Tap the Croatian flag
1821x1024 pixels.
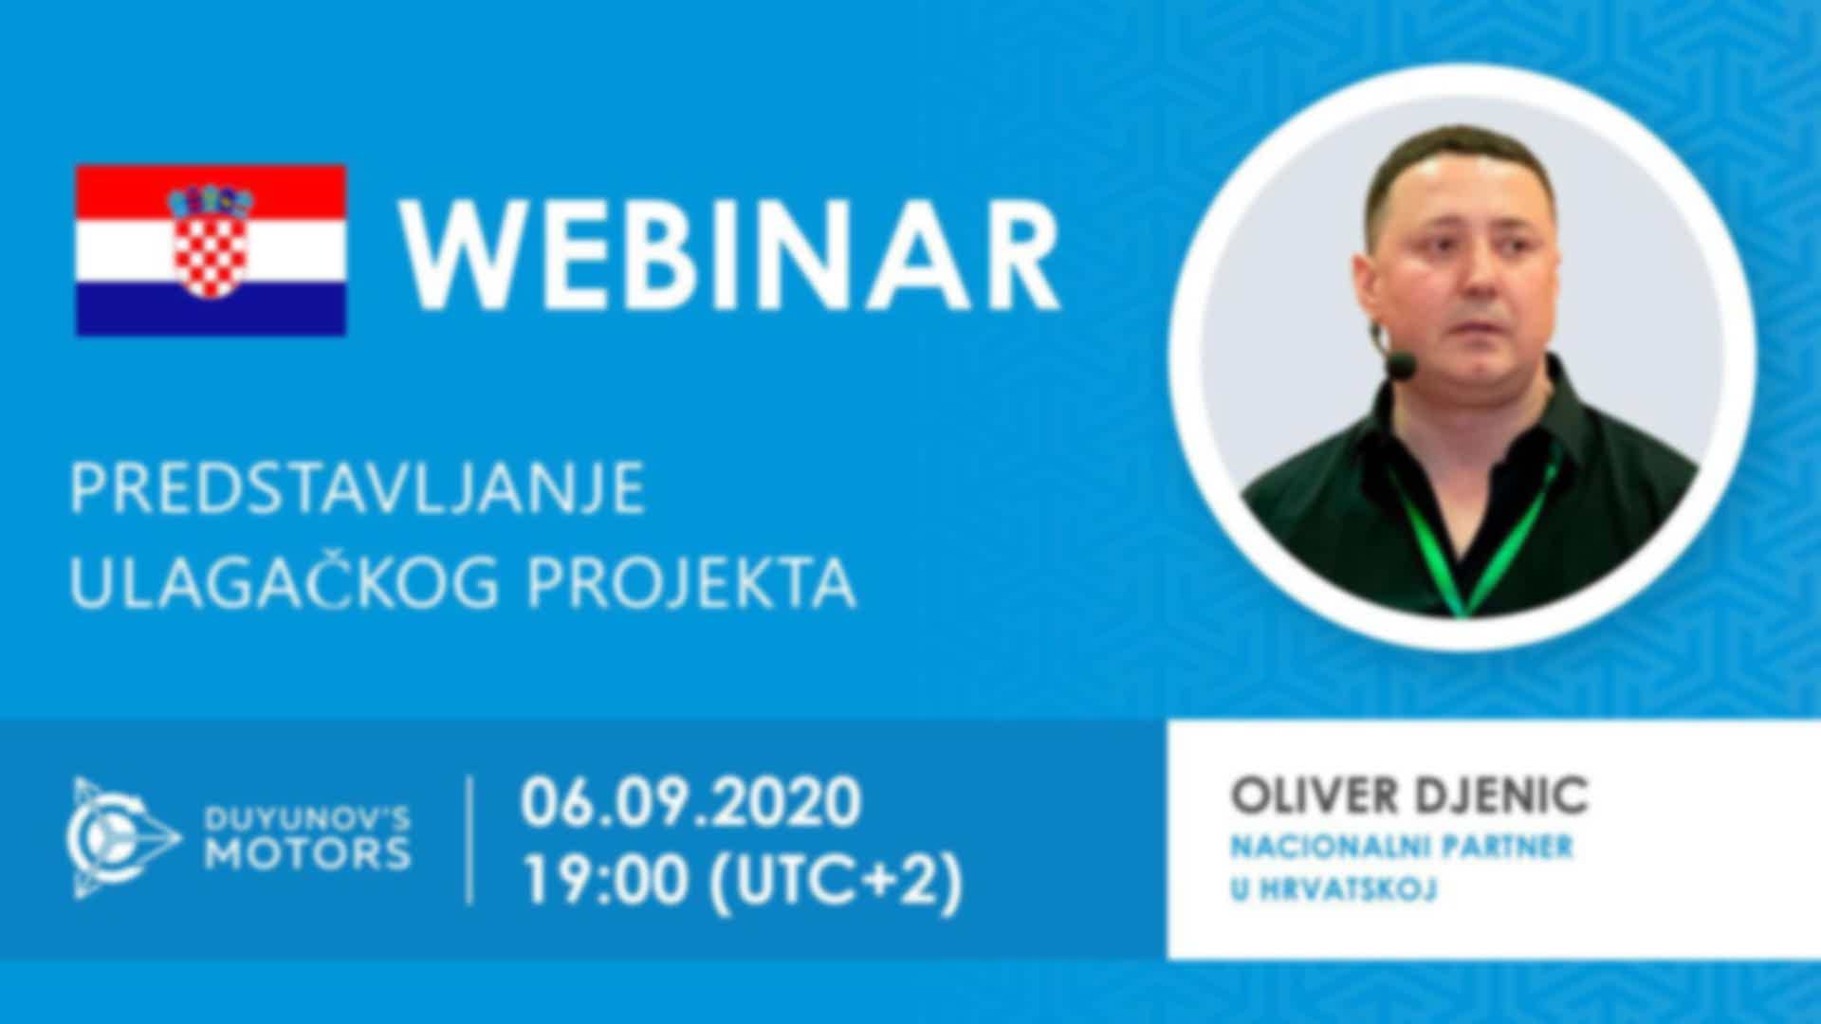[211, 250]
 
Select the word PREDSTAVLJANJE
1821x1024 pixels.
[358, 488]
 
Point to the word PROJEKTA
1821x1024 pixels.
[690, 582]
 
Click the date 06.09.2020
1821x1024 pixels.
[690, 802]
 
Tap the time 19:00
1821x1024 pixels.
[606, 881]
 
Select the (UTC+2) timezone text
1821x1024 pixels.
[836, 882]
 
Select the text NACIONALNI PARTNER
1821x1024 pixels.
[1402, 846]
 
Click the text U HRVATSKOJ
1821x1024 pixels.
[1334, 889]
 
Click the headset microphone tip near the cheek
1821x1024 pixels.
[1400, 365]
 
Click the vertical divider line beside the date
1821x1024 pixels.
[470, 840]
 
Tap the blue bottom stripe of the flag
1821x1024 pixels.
[211, 307]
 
